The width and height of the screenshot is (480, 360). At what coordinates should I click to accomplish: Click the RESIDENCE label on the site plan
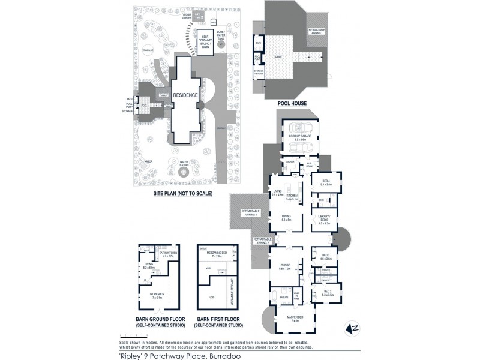click(185, 95)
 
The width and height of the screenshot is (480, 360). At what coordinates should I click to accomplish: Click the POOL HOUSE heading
click(292, 103)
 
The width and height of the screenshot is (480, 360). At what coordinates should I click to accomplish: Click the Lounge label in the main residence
click(285, 267)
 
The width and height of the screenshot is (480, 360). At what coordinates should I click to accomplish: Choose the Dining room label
click(286, 220)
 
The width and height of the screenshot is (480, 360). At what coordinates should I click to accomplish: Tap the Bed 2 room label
click(327, 294)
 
